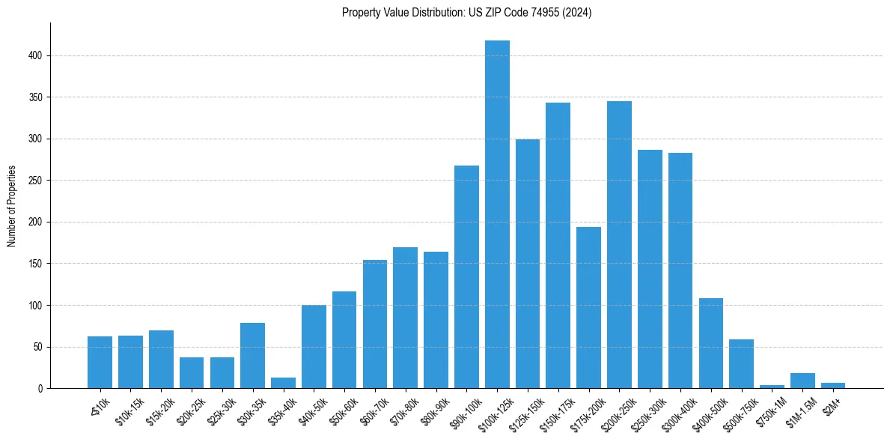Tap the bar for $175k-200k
(588, 308)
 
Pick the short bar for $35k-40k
(283, 384)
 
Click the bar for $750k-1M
(772, 387)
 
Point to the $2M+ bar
(832, 386)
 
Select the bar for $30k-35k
(252, 356)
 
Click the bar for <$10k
(100, 363)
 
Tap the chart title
(466, 13)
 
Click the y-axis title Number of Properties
(12, 206)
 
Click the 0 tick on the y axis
(42, 389)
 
